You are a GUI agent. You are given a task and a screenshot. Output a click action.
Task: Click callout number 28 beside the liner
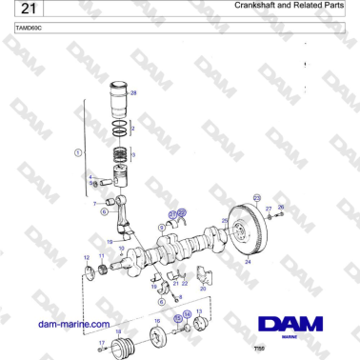click(133, 93)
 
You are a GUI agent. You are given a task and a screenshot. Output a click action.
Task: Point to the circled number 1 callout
click(79, 152)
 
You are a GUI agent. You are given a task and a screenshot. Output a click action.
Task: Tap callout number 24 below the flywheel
click(248, 261)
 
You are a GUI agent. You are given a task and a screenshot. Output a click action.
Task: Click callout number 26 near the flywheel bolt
click(281, 207)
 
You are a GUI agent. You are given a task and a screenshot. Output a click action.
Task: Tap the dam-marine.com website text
click(70, 324)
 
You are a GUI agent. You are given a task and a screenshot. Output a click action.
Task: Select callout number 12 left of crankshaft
click(87, 257)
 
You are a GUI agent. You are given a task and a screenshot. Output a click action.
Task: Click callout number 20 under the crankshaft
click(203, 288)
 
